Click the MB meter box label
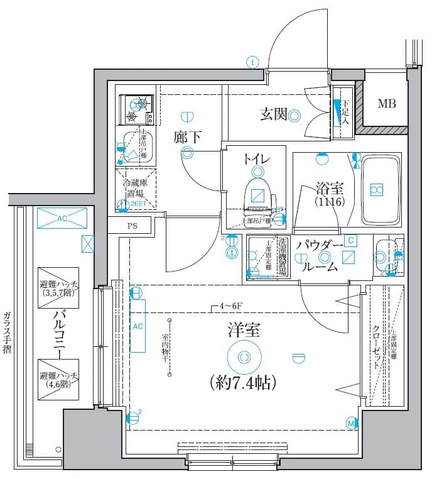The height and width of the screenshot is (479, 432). [x=386, y=104]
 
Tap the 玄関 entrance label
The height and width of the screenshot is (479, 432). [x=274, y=114]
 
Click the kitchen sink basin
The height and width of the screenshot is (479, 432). [x=134, y=148]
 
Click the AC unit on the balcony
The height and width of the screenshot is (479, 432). [x=62, y=219]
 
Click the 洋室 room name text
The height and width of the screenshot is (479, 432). [x=244, y=330]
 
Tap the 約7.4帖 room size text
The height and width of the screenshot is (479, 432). [x=241, y=382]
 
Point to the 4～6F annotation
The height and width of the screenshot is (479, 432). [x=226, y=307]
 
